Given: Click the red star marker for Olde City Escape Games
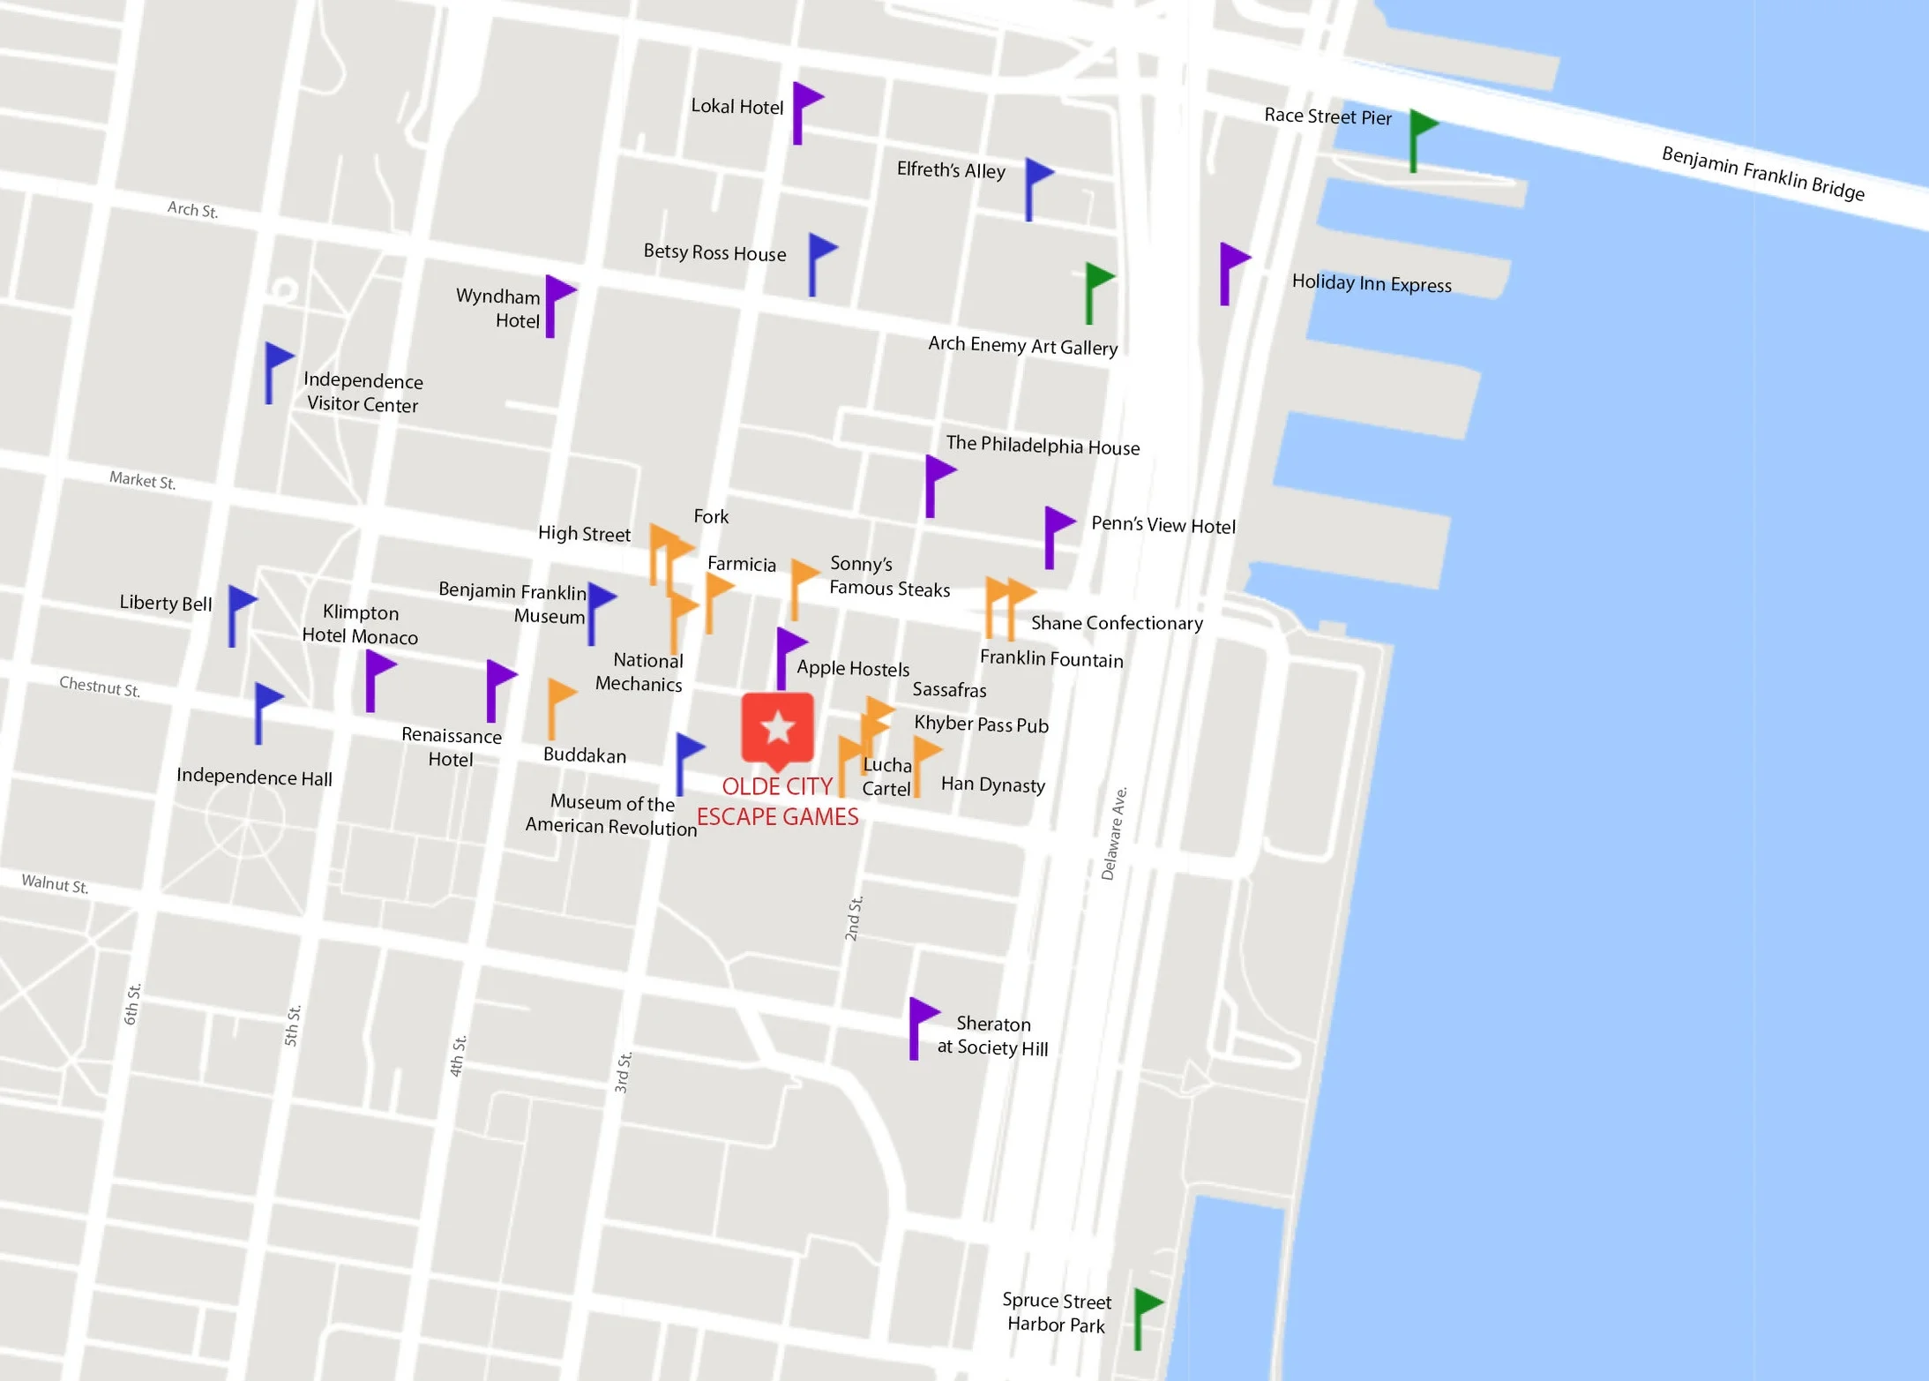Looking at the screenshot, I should pyautogui.click(x=777, y=728).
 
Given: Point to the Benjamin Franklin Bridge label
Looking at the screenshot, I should pyautogui.click(x=1762, y=173).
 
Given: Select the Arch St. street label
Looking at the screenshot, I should pyautogui.click(x=192, y=210).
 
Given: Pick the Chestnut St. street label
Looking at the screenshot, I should pyautogui.click(x=100, y=687).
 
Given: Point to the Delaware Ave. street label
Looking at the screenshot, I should pyautogui.click(x=1114, y=833).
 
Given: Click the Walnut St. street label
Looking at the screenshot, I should pyautogui.click(x=55, y=883).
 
